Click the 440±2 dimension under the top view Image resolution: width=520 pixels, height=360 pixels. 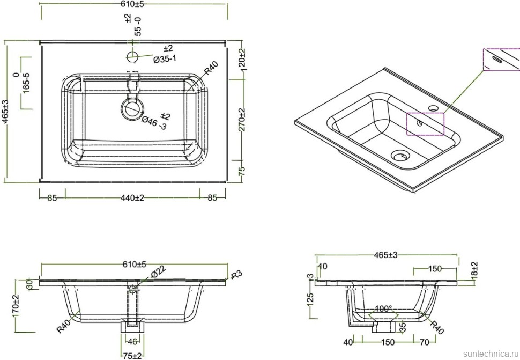pos(132,198)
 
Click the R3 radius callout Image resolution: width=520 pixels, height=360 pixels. pos(236,275)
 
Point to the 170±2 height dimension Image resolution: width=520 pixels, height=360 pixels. pos(16,305)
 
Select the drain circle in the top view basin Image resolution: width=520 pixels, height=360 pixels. pos(132,108)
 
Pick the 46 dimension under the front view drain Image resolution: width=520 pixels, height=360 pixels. pos(132,341)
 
